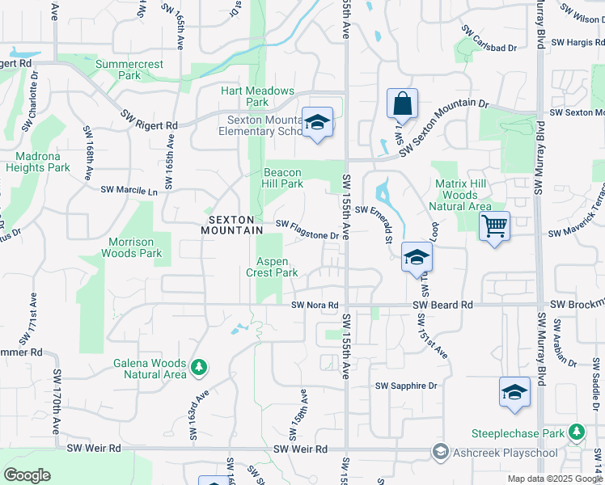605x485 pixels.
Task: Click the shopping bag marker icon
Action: pos(402,103)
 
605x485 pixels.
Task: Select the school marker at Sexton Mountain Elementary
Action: pos(318,122)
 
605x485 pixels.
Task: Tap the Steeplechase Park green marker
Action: pos(577,433)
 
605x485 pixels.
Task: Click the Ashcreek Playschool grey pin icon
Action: pos(441,449)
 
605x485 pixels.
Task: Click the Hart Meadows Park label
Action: pos(257,97)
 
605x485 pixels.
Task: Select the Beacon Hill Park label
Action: pos(283,178)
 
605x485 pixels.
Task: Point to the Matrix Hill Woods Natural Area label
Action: pos(459,196)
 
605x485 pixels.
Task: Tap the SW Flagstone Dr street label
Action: pos(307,230)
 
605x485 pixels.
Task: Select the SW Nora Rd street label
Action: pos(313,306)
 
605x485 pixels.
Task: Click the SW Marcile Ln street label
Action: pos(129,191)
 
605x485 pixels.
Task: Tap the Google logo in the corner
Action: pos(27,475)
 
